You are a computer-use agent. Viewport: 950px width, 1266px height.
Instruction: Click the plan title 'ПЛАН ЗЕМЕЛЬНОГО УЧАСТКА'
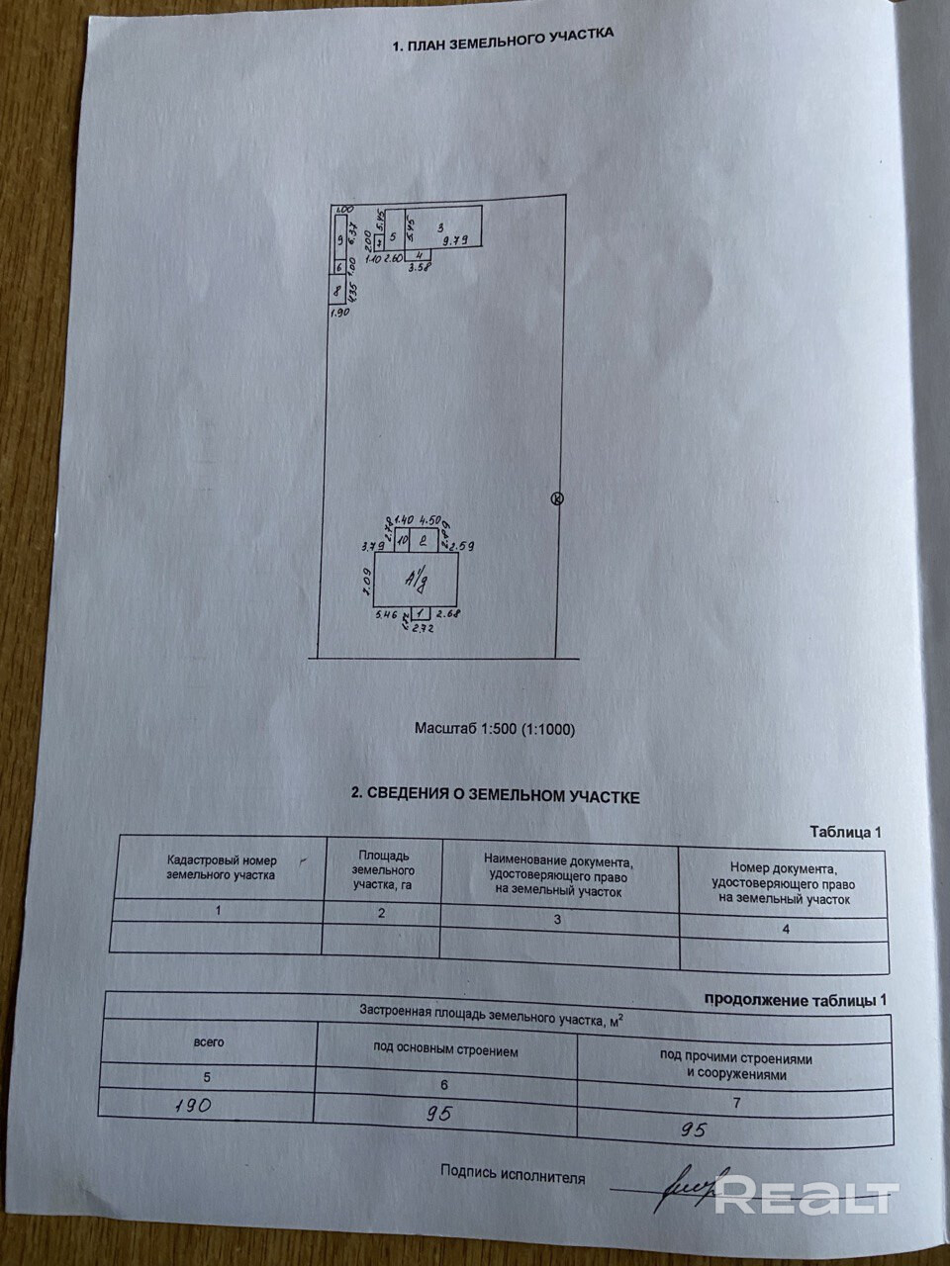pyautogui.click(x=503, y=39)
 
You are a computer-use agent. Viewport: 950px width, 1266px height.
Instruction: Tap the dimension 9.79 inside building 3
pyautogui.click(x=454, y=240)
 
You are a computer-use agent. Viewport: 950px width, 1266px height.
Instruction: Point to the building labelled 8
pyautogui.click(x=337, y=291)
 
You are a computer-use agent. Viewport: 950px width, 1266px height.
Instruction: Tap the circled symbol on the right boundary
pyautogui.click(x=556, y=499)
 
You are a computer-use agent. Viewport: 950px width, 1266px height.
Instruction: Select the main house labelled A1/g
pyautogui.click(x=416, y=579)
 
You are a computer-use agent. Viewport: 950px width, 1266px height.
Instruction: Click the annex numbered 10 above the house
pyautogui.click(x=403, y=540)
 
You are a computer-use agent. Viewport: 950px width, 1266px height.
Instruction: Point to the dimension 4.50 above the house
pyautogui.click(x=429, y=518)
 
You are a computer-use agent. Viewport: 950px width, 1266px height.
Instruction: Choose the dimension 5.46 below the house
pyautogui.click(x=385, y=615)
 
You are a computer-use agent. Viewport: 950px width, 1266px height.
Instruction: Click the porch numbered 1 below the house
pyautogui.click(x=421, y=613)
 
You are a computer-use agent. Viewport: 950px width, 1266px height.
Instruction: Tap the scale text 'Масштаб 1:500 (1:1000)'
pyautogui.click(x=494, y=729)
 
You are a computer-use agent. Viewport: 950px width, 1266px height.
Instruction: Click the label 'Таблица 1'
pyautogui.click(x=844, y=832)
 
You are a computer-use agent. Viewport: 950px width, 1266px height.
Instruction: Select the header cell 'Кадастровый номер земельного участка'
pyautogui.click(x=222, y=867)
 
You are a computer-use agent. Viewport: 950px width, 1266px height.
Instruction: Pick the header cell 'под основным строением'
pyautogui.click(x=445, y=1050)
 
